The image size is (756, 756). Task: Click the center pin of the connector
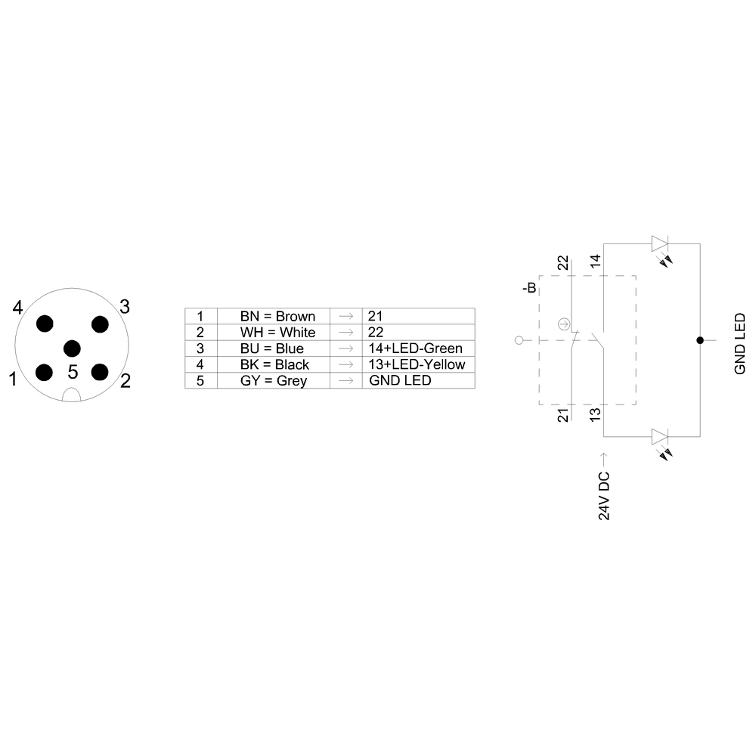point(72,348)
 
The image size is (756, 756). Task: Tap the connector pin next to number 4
point(45,324)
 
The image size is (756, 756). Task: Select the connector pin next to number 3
point(100,324)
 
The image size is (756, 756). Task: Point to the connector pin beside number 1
point(44,372)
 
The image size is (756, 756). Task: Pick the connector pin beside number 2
point(100,372)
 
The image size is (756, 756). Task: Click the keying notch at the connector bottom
point(71,395)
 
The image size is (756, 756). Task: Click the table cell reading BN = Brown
point(274,316)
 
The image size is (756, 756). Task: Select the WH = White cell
point(274,332)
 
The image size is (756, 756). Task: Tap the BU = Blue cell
point(274,349)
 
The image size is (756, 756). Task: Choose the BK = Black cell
point(274,364)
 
